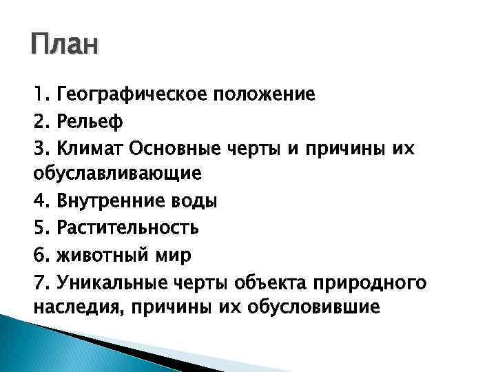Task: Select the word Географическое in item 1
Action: [129, 94]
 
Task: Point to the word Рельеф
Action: [90, 121]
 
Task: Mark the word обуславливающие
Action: [117, 174]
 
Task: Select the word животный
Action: [103, 255]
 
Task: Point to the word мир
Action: [172, 255]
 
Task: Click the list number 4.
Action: [40, 201]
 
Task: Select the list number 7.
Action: [40, 282]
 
